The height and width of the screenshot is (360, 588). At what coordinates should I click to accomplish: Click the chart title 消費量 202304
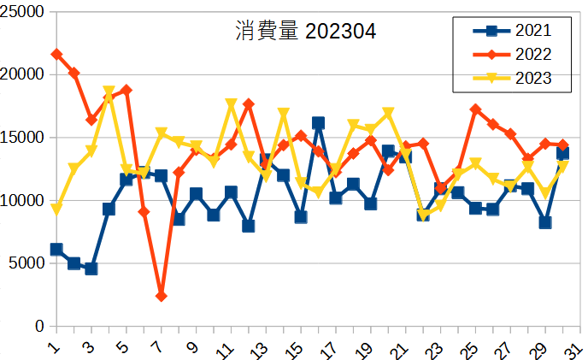[x=305, y=32]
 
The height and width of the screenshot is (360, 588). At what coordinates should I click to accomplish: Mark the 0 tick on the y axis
[x=38, y=327]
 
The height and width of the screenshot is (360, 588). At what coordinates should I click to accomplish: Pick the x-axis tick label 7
[x=159, y=345]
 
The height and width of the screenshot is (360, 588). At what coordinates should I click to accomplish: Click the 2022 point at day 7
[x=161, y=296]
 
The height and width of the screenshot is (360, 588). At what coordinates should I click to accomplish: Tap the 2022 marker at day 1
[x=56, y=54]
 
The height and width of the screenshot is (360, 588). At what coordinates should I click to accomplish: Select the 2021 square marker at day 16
[x=318, y=123]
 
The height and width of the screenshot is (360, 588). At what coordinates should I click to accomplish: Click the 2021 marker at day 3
[x=91, y=269]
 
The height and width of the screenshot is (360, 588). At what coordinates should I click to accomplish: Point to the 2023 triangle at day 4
[x=109, y=91]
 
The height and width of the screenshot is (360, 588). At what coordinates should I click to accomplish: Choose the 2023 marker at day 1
[x=56, y=209]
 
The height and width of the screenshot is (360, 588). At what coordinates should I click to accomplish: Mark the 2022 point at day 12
[x=249, y=104]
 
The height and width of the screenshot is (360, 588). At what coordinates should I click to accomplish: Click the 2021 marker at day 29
[x=545, y=222]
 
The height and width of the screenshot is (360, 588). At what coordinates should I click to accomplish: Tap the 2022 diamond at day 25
[x=475, y=109]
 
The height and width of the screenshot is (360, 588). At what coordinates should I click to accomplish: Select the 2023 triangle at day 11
[x=231, y=104]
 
